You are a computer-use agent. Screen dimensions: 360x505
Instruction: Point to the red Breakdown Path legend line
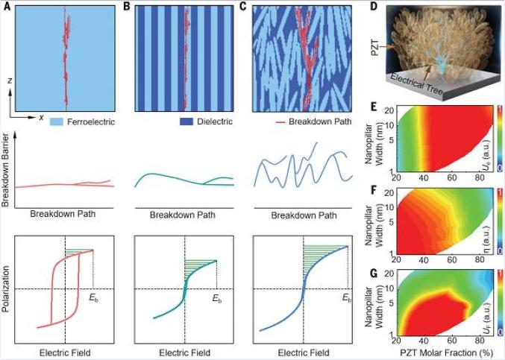278,122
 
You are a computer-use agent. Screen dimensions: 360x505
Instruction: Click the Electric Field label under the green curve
184,351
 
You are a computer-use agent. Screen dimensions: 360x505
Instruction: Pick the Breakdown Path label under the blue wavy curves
303,216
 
